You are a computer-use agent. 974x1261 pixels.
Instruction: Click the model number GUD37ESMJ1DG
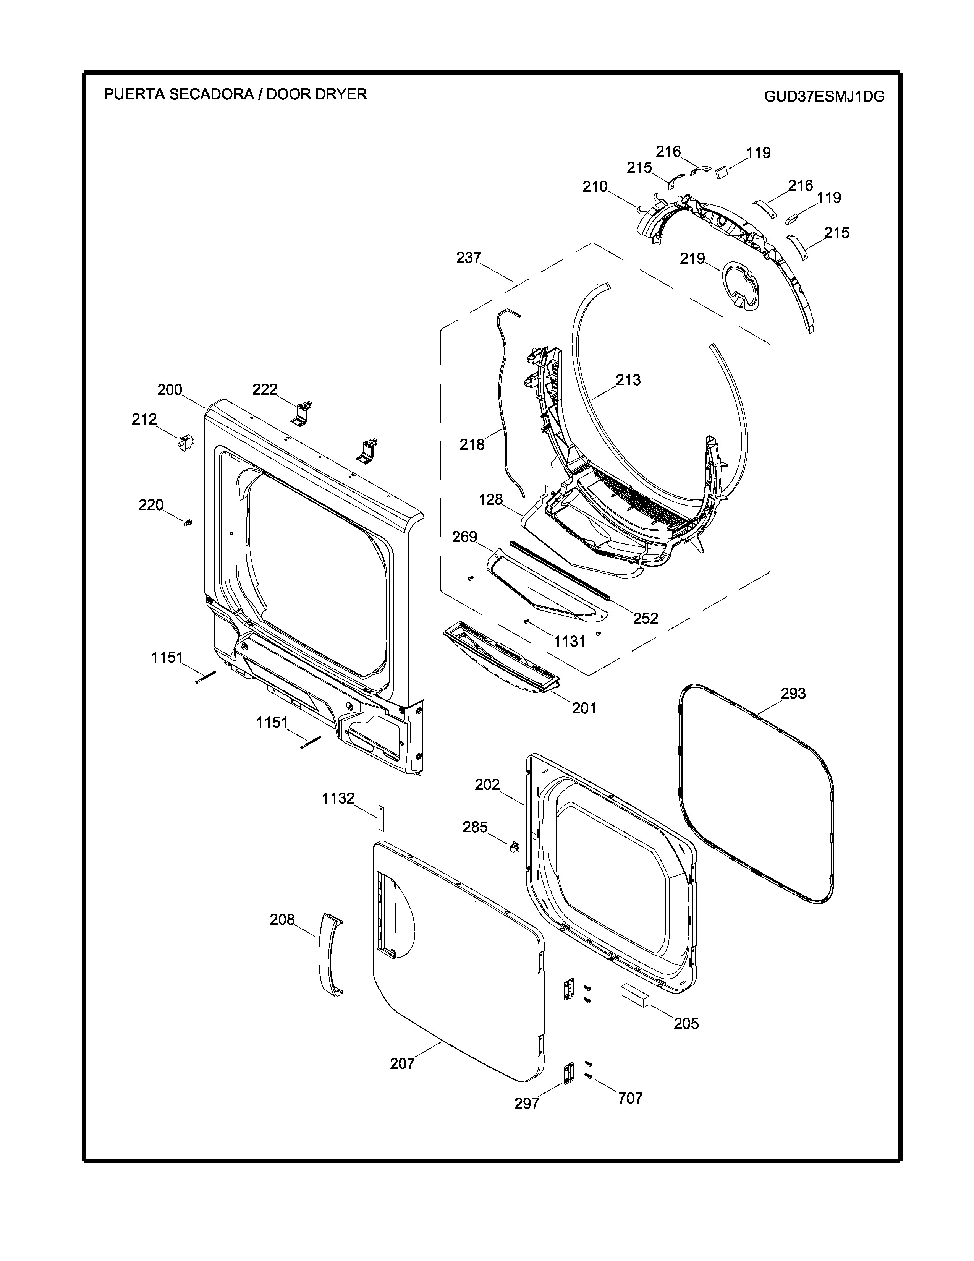pyautogui.click(x=824, y=96)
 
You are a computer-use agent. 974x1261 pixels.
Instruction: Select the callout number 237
pyautogui.click(x=469, y=258)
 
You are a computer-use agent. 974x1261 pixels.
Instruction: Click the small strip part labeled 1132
pyautogui.click(x=381, y=817)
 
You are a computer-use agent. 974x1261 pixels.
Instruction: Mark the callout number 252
pyautogui.click(x=645, y=618)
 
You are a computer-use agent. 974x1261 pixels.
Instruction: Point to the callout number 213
pyautogui.click(x=628, y=380)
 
